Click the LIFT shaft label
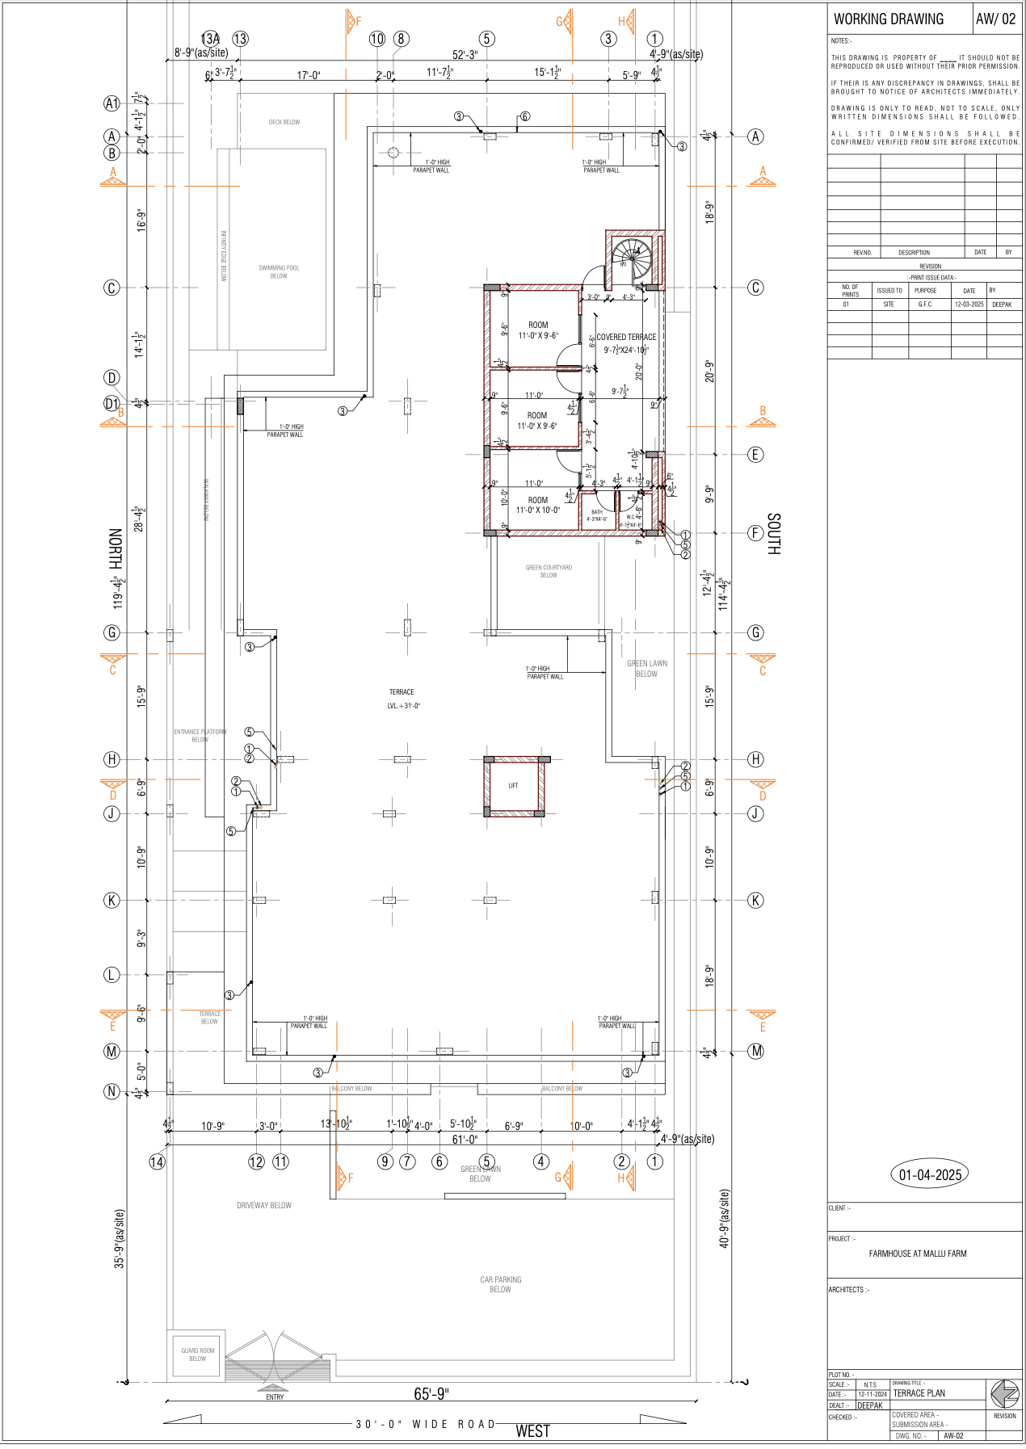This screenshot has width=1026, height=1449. (513, 786)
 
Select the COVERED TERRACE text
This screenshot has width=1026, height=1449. (626, 337)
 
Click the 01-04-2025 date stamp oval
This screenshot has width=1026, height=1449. (930, 1174)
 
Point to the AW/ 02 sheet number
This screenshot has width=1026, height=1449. (995, 19)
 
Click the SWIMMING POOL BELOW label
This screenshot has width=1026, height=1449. (279, 271)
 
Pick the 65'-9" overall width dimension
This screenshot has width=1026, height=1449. (431, 1394)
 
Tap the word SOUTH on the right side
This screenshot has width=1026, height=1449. (773, 533)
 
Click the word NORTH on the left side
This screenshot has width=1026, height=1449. (116, 549)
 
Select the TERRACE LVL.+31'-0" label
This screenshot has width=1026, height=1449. (402, 699)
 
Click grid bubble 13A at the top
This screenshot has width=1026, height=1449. (210, 39)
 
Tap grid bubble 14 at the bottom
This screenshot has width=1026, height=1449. (157, 1161)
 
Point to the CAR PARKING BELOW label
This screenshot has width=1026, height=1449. (500, 1284)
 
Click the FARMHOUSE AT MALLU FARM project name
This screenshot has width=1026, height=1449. (917, 1254)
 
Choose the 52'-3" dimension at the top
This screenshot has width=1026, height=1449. (465, 55)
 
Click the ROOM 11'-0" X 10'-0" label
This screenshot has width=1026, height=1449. (538, 505)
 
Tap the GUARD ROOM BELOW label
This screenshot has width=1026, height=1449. (197, 1354)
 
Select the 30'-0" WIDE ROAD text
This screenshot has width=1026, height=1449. (426, 1424)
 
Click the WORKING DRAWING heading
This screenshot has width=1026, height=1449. (888, 19)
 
